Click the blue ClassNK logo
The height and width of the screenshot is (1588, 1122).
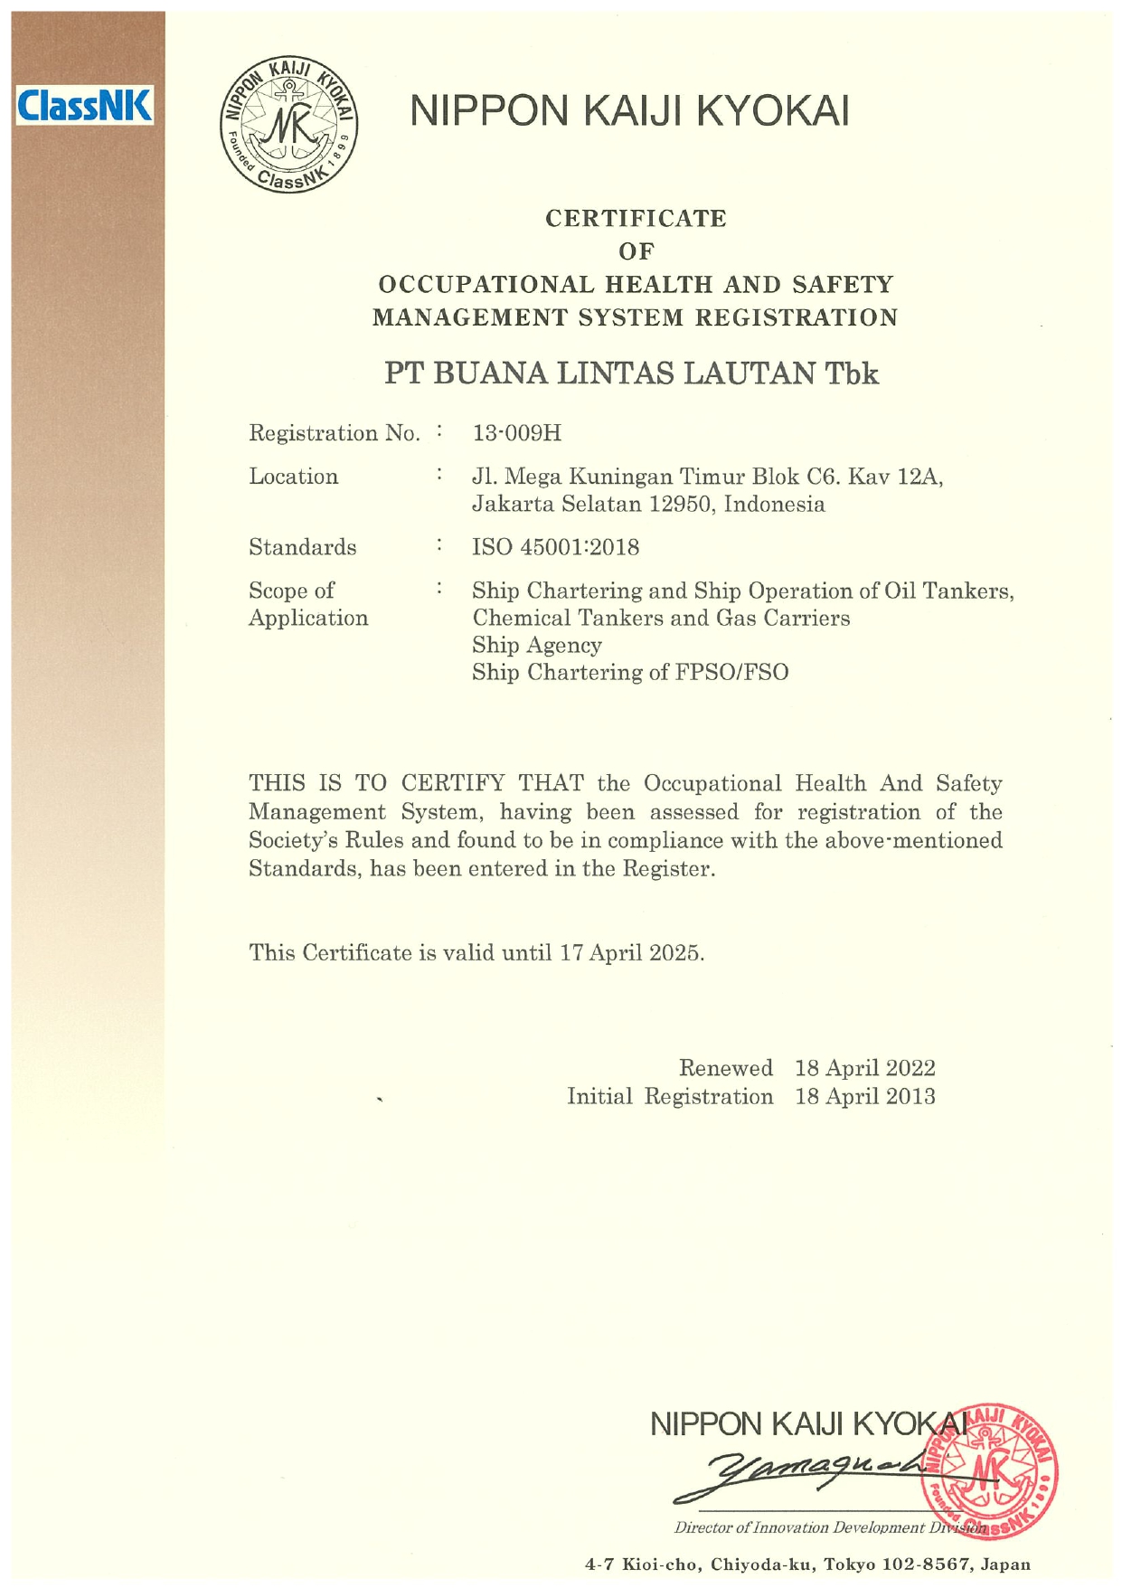86,106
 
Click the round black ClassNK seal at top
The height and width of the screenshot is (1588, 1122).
288,127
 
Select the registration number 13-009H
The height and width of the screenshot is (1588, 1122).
516,433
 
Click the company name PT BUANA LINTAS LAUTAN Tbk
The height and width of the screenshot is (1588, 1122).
631,373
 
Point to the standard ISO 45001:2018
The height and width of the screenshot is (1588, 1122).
555,547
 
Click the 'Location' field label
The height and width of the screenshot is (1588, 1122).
293,477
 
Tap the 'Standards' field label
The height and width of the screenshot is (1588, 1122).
302,547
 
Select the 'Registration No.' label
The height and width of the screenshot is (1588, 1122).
334,433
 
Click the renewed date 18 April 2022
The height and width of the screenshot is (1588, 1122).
864,1068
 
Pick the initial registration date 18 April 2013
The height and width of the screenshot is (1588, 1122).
864,1097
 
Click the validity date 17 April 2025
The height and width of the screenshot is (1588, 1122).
630,952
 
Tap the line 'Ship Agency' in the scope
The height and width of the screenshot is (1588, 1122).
536,645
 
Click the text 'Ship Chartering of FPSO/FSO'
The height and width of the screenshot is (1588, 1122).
630,672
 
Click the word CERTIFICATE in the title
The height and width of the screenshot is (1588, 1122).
636,219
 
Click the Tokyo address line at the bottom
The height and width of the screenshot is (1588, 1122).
807,1564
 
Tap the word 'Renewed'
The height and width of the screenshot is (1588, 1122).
725,1068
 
